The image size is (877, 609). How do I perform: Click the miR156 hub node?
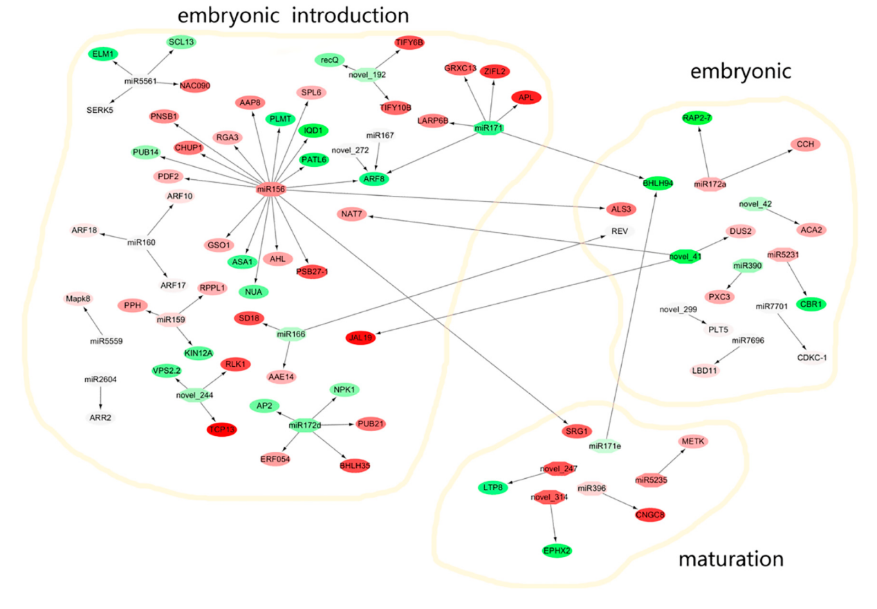coord(270,189)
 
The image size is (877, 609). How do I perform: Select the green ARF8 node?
coord(373,179)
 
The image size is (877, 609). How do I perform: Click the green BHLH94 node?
coord(663,183)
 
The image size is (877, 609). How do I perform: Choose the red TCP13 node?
coord(222,429)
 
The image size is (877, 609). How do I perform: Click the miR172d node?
coord(305,425)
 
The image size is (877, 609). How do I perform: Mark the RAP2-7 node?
coord(700,118)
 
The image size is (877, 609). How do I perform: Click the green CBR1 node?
coord(809,304)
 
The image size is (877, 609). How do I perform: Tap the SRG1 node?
coord(574,431)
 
